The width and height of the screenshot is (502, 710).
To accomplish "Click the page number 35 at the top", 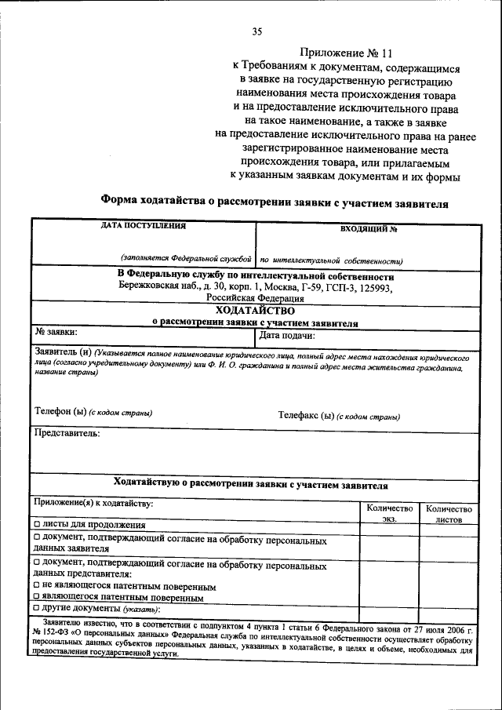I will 256,31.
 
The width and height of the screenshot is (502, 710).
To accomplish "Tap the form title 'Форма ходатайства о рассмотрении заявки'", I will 275,202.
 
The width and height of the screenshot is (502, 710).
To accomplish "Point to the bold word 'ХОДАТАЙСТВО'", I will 255,310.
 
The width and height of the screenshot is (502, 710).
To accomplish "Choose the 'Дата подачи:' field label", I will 287,335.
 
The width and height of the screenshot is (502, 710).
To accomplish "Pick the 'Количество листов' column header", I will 449,513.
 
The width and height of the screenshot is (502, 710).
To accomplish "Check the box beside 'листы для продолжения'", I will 37,524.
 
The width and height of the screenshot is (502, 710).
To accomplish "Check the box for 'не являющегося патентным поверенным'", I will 37,585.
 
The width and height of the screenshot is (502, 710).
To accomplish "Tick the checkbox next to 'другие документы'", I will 37,608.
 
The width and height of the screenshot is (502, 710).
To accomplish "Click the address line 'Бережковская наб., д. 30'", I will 255,287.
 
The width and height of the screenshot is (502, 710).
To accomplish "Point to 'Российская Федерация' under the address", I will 255,298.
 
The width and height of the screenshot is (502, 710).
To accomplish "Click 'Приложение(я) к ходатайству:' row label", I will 93,502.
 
